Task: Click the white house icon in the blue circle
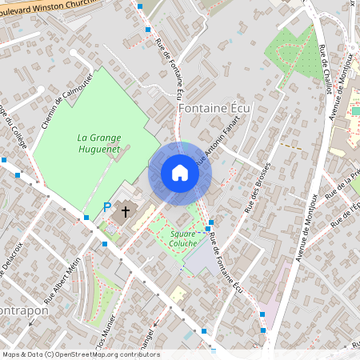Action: coord(180,173)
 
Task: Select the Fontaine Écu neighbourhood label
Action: coord(214,108)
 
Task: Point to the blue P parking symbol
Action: coord(107,208)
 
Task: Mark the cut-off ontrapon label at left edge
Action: coord(24,310)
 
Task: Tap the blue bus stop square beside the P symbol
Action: coord(86,217)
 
